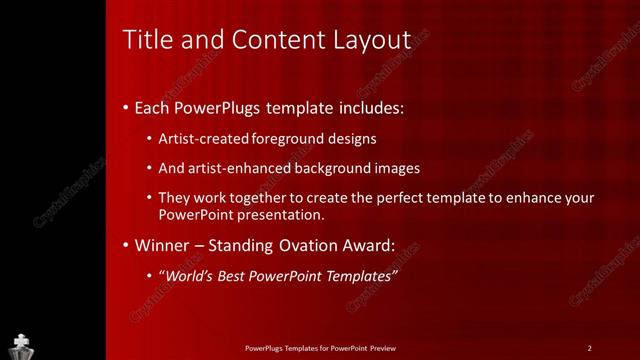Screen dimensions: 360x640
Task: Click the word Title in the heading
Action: coord(145,40)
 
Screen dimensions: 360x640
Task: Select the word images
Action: coord(392,168)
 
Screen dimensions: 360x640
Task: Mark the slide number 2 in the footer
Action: coord(590,348)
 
